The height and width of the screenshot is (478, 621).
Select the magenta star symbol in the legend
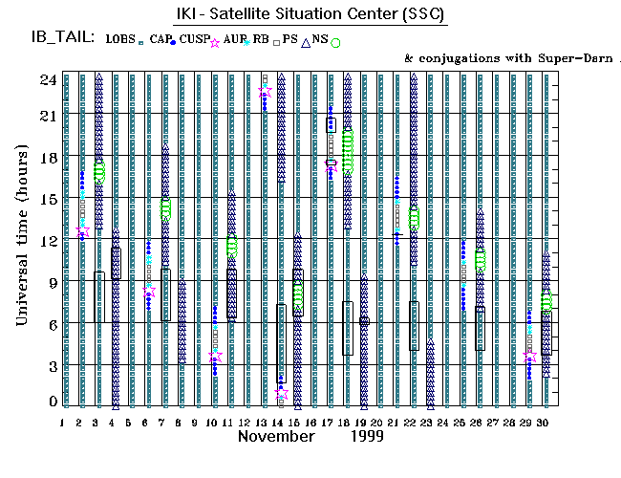point(215,42)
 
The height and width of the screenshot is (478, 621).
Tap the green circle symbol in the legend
point(335,42)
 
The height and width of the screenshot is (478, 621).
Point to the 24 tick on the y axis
point(47,79)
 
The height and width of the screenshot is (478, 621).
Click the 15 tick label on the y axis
point(47,199)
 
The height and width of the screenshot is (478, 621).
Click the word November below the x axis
point(277,436)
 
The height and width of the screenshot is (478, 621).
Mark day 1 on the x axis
point(63,423)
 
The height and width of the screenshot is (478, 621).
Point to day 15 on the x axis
point(296,423)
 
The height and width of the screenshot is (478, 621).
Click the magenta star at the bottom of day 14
point(281,393)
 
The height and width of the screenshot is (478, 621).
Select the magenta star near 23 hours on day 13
point(265,92)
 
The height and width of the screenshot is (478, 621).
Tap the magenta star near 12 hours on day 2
point(82,231)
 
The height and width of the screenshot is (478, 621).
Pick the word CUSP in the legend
point(195,39)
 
